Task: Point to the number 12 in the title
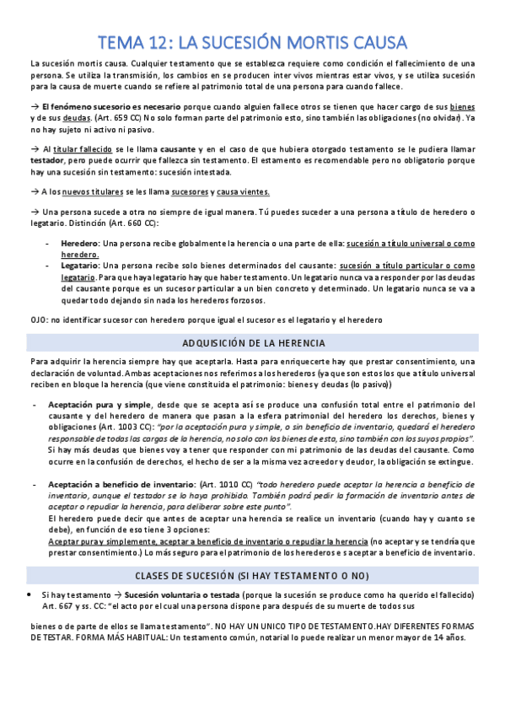(x=153, y=42)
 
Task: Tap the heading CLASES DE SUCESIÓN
(x=252, y=576)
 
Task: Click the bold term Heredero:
(x=80, y=243)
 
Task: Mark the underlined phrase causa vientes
(x=244, y=191)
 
